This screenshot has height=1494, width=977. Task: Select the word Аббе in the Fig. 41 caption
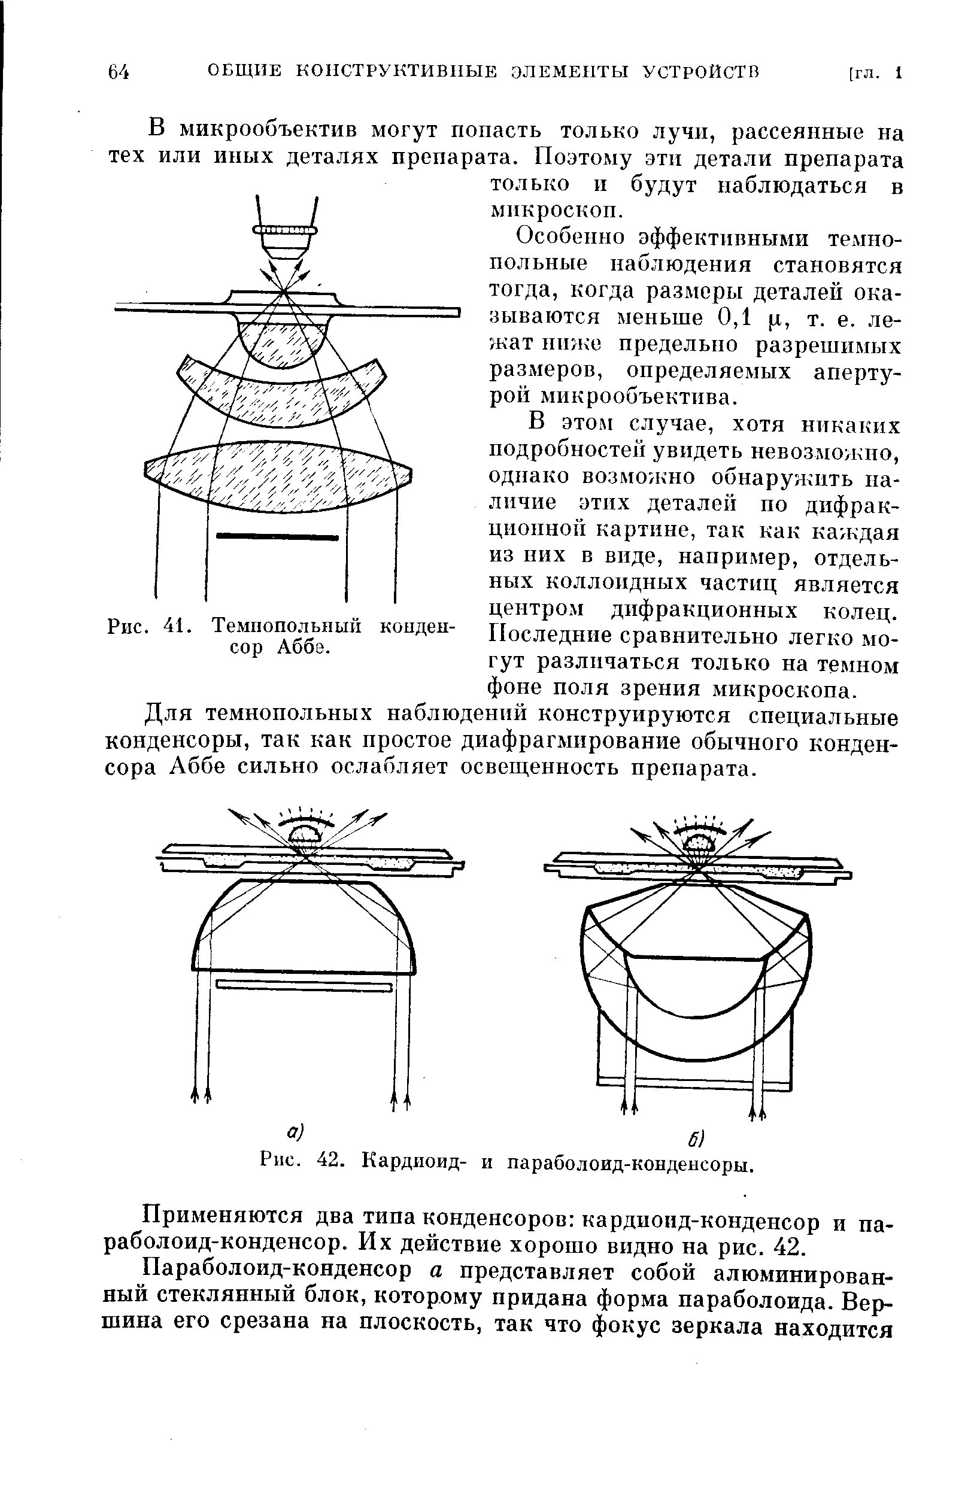pos(304,647)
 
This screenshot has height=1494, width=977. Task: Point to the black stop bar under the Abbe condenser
pos(277,537)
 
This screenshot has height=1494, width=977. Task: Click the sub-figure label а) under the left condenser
pos(295,1132)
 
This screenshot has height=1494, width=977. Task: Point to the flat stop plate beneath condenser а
pos(304,986)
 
